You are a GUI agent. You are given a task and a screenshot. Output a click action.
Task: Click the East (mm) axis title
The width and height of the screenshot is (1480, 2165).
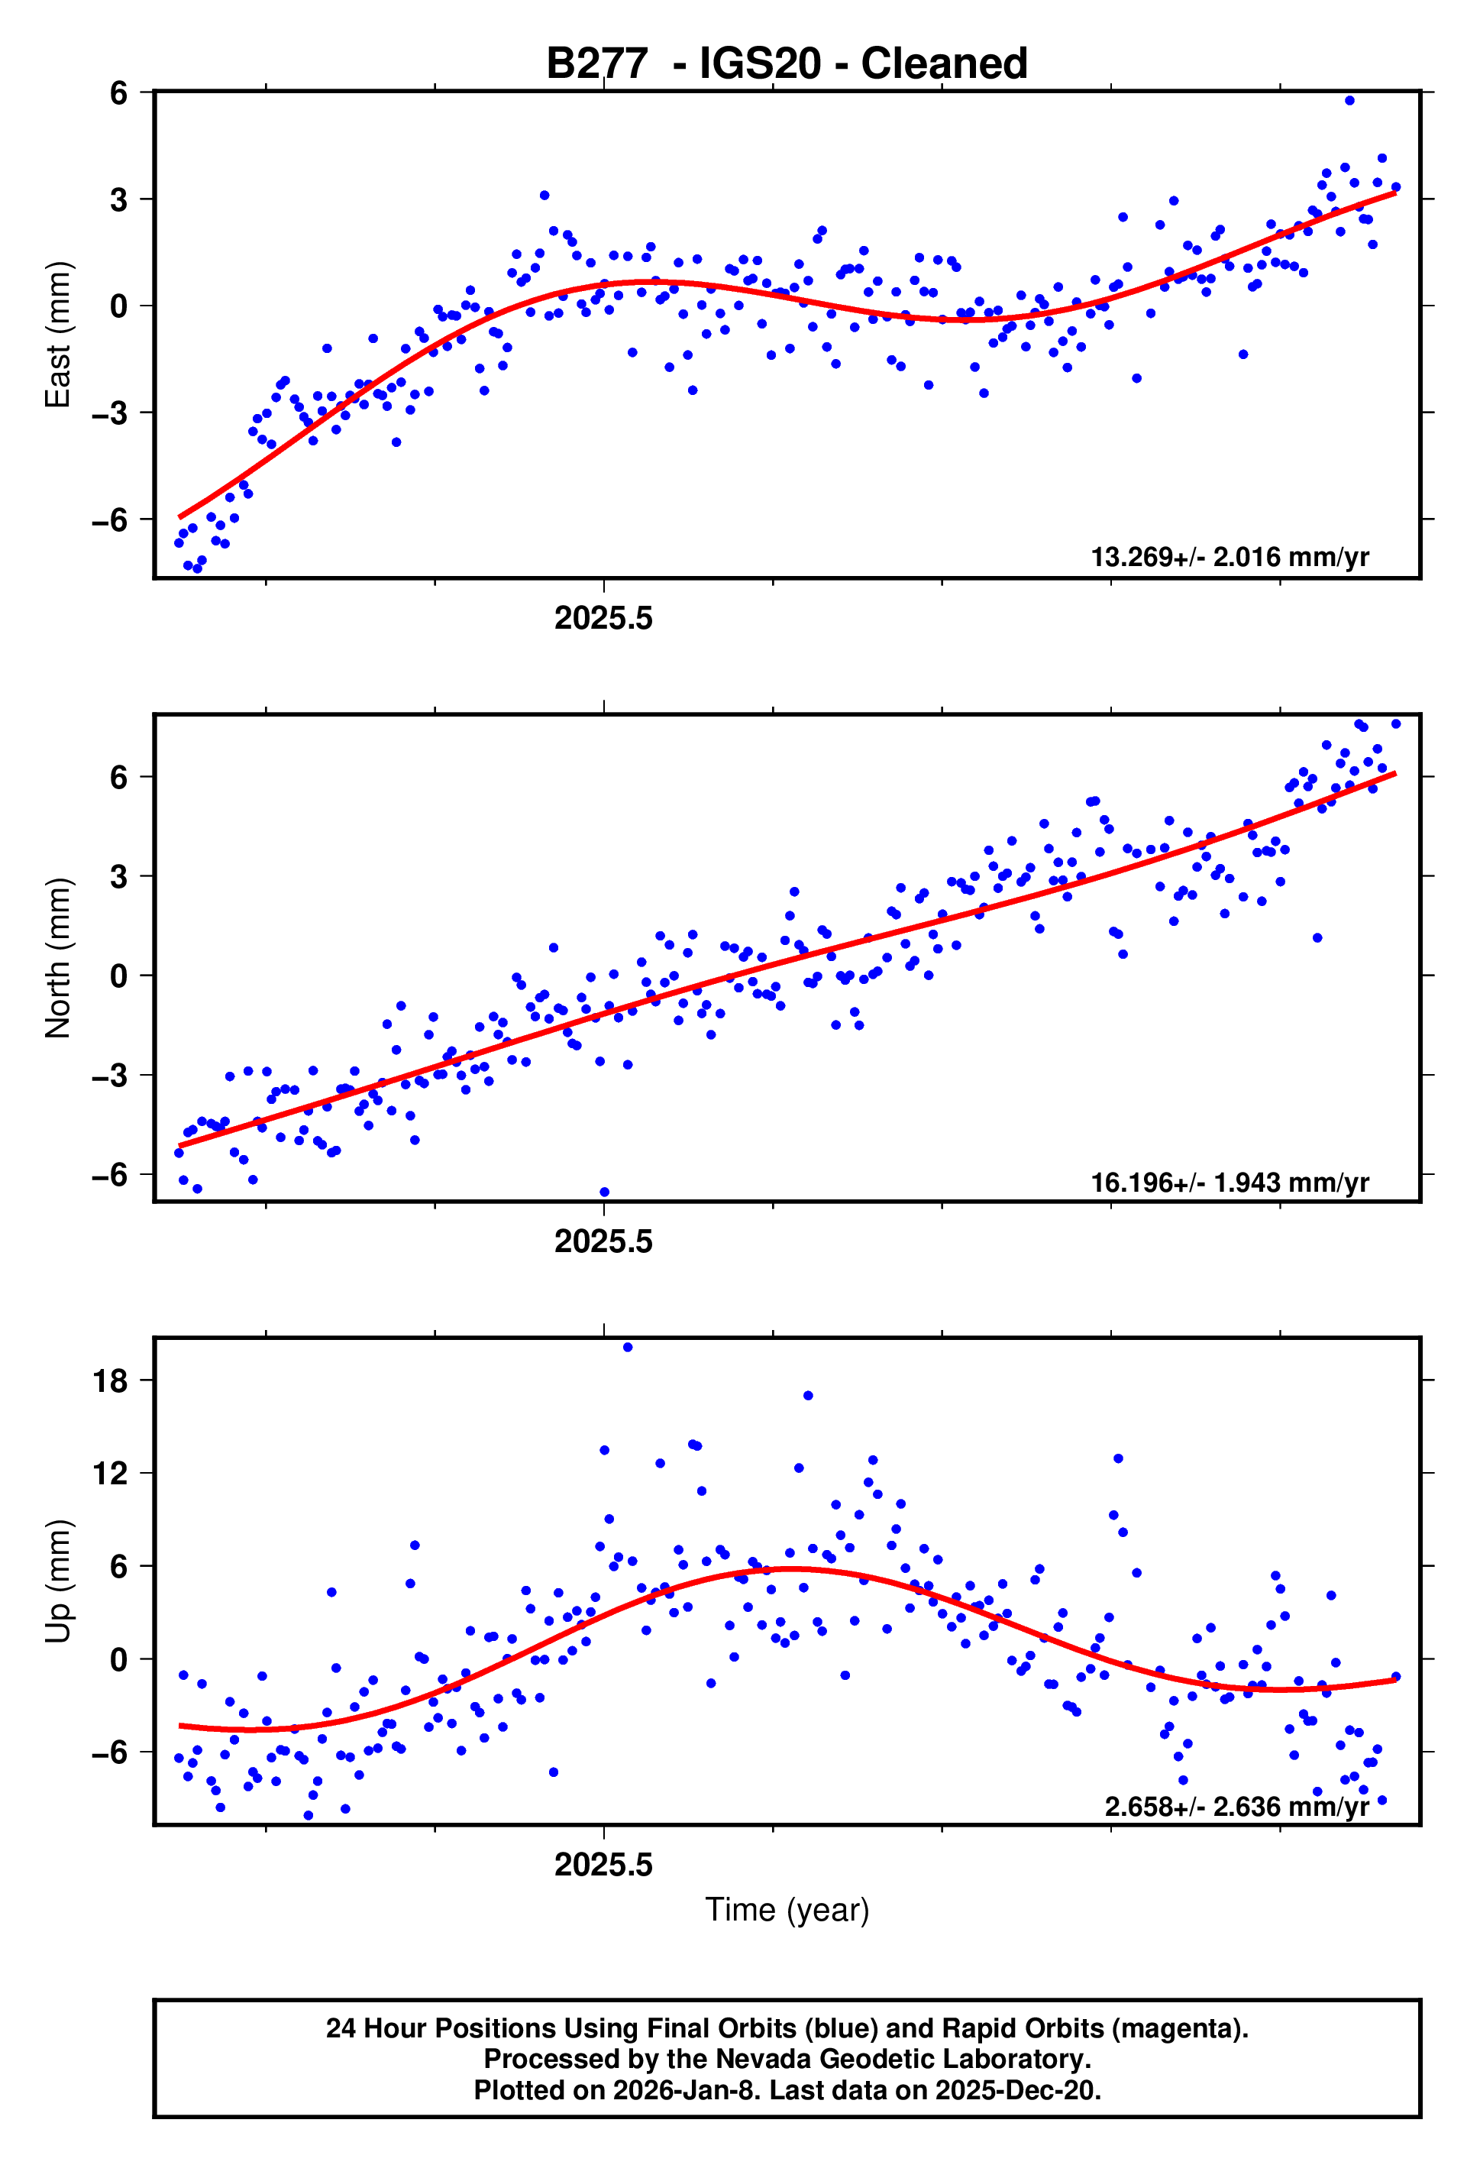[x=58, y=335]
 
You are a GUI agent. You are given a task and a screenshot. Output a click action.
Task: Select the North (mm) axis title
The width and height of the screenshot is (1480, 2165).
[x=58, y=958]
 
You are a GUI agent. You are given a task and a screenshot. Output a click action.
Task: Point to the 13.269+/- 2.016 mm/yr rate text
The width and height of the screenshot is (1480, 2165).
[x=1229, y=557]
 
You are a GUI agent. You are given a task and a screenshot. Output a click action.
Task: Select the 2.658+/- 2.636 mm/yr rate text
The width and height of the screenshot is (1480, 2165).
[x=1236, y=1807]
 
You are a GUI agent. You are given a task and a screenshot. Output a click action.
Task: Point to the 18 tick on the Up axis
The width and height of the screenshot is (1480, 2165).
[x=110, y=1380]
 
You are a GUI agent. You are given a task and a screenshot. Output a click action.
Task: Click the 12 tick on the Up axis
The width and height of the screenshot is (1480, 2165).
[x=110, y=1474]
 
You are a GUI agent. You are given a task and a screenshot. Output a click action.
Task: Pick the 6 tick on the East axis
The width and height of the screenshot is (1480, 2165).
[x=118, y=93]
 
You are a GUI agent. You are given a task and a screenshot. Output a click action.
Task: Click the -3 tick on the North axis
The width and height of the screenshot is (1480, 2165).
[x=110, y=1075]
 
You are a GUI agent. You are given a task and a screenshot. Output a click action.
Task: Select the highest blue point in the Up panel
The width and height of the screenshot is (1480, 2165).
[x=627, y=1347]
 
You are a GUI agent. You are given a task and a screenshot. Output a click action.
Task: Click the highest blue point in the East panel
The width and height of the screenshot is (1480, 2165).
[x=1349, y=101]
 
